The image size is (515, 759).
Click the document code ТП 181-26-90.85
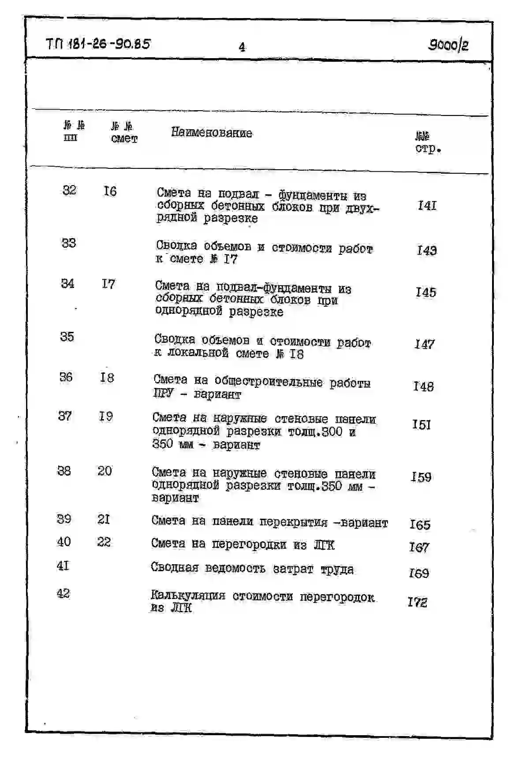click(x=98, y=44)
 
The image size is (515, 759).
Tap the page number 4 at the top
click(x=242, y=47)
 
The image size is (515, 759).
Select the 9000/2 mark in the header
click(x=448, y=45)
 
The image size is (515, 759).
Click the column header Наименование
click(x=212, y=133)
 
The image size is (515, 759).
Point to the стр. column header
click(x=428, y=148)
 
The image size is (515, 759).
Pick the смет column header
click(x=124, y=138)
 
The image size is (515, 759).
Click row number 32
click(x=69, y=190)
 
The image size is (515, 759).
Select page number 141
click(x=427, y=205)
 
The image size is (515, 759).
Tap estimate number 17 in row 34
click(x=108, y=284)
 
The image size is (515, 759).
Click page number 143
click(x=426, y=250)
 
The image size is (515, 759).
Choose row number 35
click(x=67, y=337)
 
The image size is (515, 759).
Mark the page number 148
click(x=423, y=387)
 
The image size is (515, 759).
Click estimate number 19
click(x=106, y=416)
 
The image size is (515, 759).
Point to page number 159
click(x=421, y=477)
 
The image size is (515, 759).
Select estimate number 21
click(x=104, y=519)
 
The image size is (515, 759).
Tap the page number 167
click(x=419, y=547)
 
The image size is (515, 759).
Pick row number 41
click(x=63, y=566)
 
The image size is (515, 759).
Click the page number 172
click(x=418, y=602)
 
